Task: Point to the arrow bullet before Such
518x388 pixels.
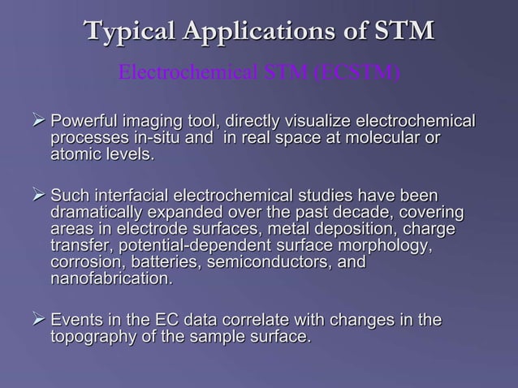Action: pos(38,196)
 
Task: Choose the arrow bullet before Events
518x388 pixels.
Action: pos(38,321)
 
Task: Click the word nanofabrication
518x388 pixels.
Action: pos(111,279)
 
